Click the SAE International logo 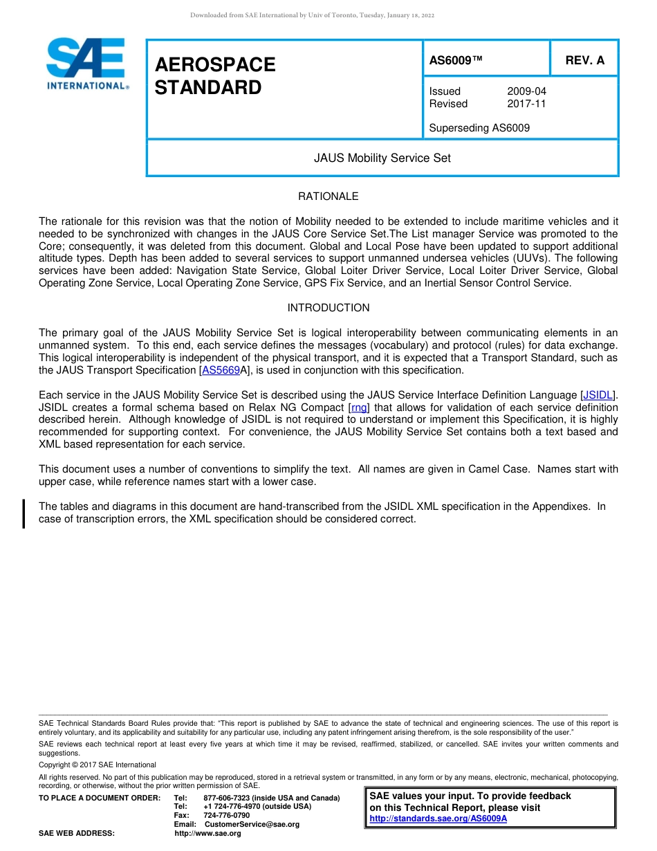point(86,64)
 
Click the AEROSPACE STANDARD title point(215,76)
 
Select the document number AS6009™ point(456,60)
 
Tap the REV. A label point(584,60)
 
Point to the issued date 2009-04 point(526,91)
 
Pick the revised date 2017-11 point(526,104)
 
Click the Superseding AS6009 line point(479,128)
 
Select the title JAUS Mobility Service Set point(382,158)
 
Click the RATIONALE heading point(328,196)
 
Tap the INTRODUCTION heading point(328,308)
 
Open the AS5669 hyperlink point(221,370)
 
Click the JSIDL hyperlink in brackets point(598,395)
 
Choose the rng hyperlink point(359,408)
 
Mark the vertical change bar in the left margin point(24,513)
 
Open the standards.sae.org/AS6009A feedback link point(438,818)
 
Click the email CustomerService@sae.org point(252,824)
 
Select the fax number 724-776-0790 point(226,815)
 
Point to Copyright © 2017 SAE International point(98,765)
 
